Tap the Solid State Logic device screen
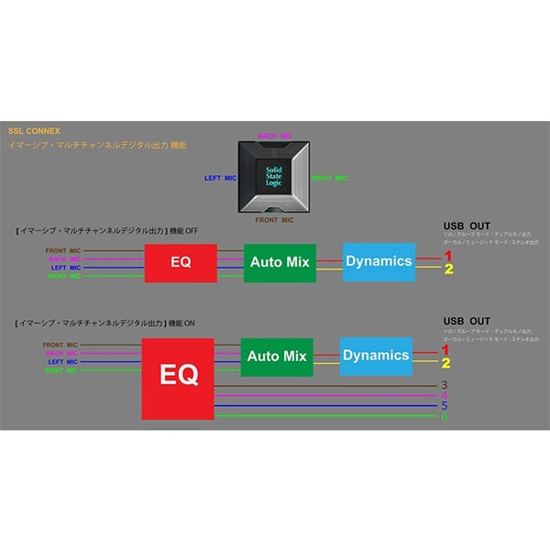tap(274, 176)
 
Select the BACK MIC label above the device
tap(274, 136)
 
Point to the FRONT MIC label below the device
tap(274, 220)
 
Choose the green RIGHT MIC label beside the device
tap(329, 178)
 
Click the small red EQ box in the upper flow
tap(181, 263)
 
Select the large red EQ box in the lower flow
tap(178, 378)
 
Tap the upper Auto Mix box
tap(279, 262)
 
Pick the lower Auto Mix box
tap(276, 356)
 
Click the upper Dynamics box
tap(379, 261)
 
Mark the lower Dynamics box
tap(376, 356)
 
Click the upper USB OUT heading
tap(466, 225)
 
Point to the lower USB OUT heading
tap(466, 321)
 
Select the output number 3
tap(445, 385)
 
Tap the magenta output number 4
tap(445, 396)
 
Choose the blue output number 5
tap(445, 406)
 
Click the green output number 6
tap(445, 417)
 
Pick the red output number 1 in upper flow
tap(448, 256)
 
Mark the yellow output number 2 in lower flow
tap(446, 363)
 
